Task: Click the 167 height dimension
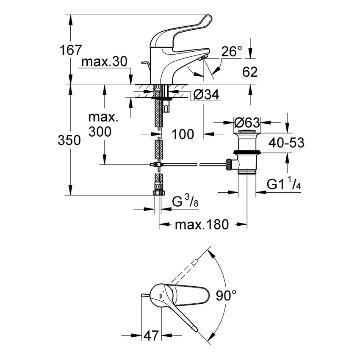point(70,50)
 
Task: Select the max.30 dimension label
point(104,62)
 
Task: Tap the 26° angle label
point(231,52)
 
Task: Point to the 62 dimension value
point(250,72)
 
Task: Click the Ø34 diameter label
point(206,96)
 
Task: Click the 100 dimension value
point(183,134)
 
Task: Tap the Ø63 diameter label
point(246,122)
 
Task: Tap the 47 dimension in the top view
point(151,335)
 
